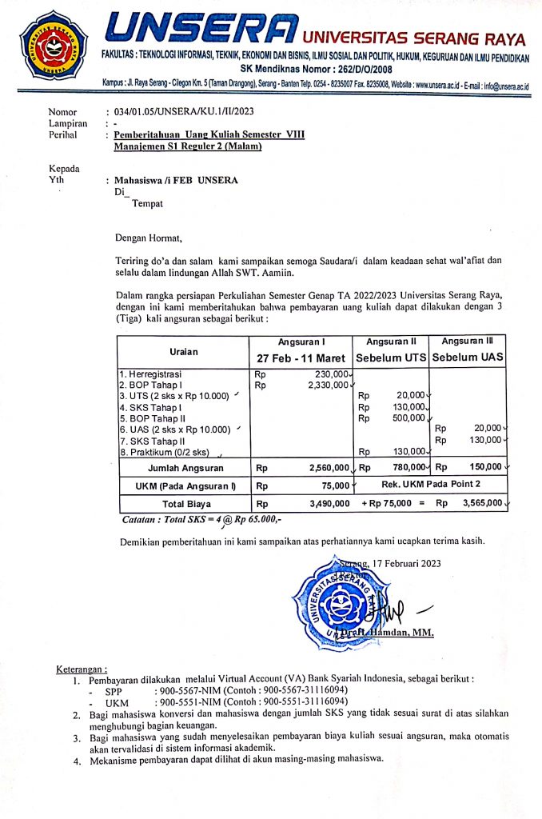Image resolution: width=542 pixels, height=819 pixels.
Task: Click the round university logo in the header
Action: click(54, 45)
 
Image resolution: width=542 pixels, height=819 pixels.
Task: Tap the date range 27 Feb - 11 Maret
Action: click(303, 358)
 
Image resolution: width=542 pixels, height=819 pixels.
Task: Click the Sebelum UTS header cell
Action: click(392, 358)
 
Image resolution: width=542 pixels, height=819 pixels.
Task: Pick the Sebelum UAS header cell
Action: click(468, 358)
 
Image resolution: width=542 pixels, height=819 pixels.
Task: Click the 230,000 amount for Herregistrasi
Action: click(329, 374)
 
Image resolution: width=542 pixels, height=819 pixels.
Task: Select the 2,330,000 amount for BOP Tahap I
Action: click(328, 385)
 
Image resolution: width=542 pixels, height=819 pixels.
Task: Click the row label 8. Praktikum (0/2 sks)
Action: click(164, 451)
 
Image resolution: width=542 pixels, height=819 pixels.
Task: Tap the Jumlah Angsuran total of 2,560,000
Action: click(328, 467)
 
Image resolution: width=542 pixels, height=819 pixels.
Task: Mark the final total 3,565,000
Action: click(484, 503)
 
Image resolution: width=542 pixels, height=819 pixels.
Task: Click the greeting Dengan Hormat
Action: click(149, 237)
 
